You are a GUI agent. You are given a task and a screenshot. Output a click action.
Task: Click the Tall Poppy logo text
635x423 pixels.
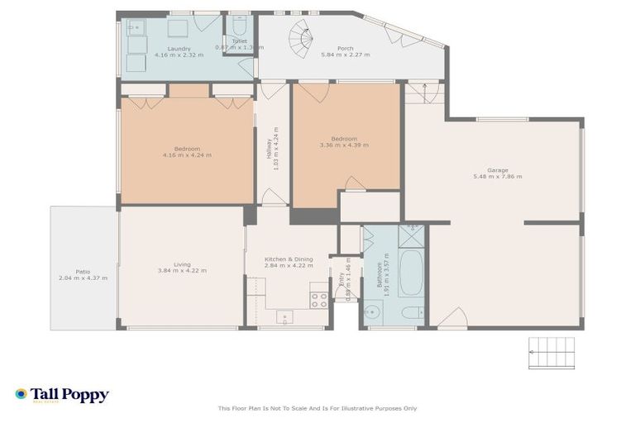click(69, 395)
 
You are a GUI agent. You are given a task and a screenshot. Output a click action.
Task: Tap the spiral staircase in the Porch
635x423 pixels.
click(303, 37)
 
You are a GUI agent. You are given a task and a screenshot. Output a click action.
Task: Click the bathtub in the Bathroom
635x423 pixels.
click(411, 273)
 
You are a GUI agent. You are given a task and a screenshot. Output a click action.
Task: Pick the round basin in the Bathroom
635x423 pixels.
click(372, 312)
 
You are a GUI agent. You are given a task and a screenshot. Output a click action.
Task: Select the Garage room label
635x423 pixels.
click(497, 170)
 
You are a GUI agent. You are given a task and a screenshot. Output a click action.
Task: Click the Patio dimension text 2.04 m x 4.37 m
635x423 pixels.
click(83, 278)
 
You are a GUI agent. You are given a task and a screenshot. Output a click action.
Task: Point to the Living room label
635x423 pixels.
click(182, 264)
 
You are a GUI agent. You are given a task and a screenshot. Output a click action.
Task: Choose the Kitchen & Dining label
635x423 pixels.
click(288, 259)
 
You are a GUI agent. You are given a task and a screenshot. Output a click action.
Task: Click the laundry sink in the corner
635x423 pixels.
click(136, 29)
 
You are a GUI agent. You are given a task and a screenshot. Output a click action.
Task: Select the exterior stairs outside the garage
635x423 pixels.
click(550, 354)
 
